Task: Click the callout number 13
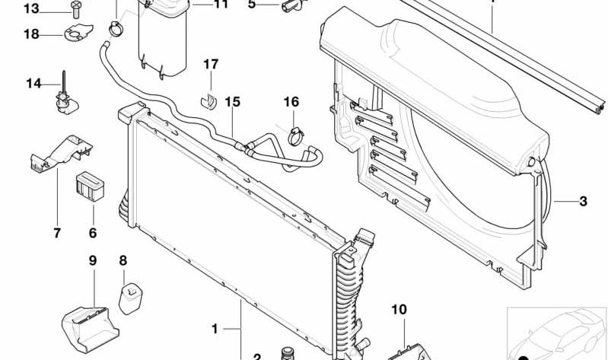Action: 31,8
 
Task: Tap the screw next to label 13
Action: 75,9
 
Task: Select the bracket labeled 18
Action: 78,33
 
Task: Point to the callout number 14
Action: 33,84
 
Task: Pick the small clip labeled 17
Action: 209,100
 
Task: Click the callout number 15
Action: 233,102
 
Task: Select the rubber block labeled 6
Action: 90,186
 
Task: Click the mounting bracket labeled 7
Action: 62,153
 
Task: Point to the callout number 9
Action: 92,261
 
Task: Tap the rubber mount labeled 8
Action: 130,298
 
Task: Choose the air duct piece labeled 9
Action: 90,329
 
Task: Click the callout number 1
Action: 215,329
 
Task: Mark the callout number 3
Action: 583,202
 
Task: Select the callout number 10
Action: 399,310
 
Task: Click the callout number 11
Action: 221,5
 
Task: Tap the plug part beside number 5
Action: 292,5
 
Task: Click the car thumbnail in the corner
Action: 557,333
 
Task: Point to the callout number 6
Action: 92,233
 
